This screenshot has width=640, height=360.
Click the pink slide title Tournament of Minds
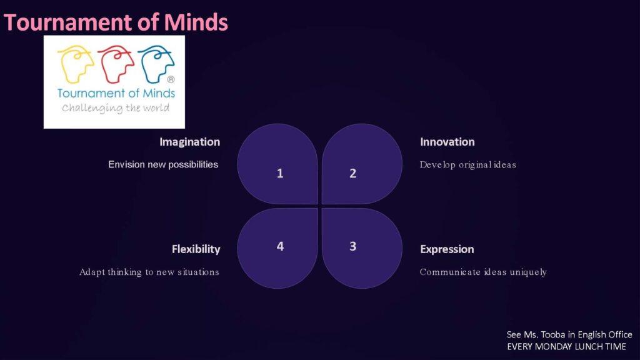(116, 22)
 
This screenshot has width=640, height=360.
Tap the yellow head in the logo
(76, 64)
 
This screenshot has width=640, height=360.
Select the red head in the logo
(116, 64)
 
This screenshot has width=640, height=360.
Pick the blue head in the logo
(156, 64)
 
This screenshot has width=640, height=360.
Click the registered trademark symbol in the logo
(171, 79)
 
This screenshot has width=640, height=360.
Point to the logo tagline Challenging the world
(116, 108)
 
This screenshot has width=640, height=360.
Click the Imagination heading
(190, 142)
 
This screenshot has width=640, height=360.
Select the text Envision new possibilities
(163, 164)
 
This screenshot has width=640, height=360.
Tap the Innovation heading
(447, 142)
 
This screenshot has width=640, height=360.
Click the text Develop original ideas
(467, 165)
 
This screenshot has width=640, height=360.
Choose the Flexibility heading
(196, 249)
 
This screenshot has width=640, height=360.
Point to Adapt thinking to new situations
(149, 272)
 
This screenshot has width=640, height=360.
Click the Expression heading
(447, 249)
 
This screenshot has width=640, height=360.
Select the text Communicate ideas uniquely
(483, 272)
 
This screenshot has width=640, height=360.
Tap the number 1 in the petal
(280, 174)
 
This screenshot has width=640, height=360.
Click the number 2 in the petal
(353, 174)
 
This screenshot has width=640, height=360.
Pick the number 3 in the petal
(353, 246)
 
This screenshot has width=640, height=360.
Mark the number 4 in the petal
(280, 246)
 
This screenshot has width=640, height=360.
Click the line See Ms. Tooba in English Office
(569, 335)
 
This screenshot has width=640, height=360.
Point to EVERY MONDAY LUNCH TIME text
(566, 347)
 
